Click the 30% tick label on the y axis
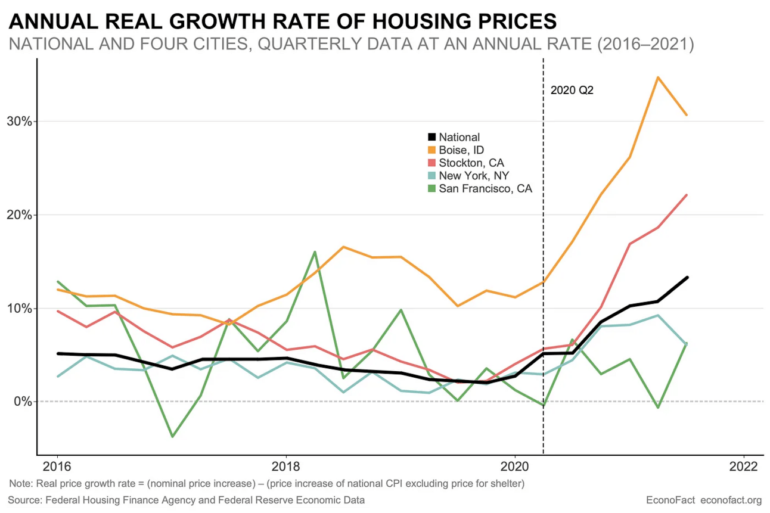click(19, 121)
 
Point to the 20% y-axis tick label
click(19, 214)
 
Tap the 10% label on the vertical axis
click(19, 308)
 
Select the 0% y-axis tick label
click(22, 402)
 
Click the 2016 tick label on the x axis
click(57, 465)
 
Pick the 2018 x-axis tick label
click(286, 465)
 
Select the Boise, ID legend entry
click(459, 150)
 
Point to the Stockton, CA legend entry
click(467, 163)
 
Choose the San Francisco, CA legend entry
click(479, 189)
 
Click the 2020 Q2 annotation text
click(572, 91)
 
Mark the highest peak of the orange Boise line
click(657, 77)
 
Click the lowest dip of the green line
click(172, 437)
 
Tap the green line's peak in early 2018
click(315, 251)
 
